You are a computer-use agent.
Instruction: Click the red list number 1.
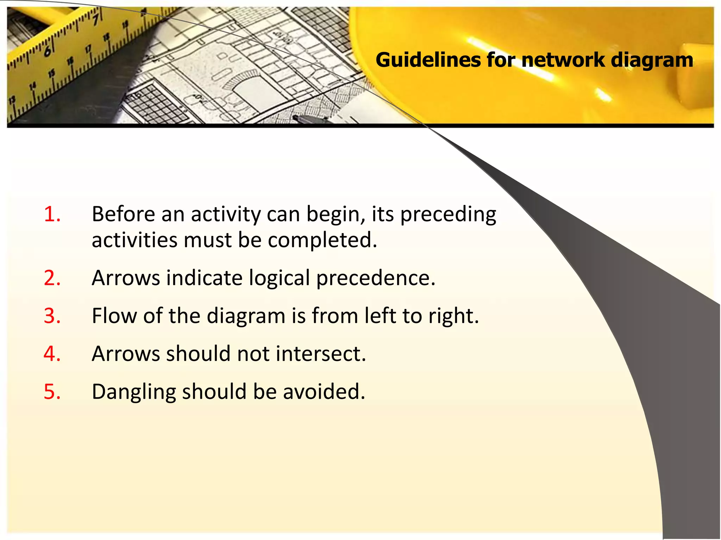(x=52, y=214)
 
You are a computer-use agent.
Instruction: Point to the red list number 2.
(x=52, y=278)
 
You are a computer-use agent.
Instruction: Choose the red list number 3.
(x=52, y=316)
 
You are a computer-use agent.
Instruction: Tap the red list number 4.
(x=52, y=354)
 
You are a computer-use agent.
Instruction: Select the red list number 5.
(x=52, y=392)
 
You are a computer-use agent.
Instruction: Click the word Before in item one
(x=123, y=214)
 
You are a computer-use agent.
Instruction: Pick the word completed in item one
(x=322, y=240)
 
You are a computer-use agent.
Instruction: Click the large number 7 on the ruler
(x=95, y=18)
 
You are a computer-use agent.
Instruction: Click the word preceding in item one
(x=448, y=215)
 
